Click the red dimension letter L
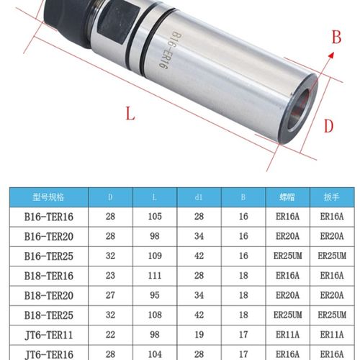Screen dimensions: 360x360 [130, 113]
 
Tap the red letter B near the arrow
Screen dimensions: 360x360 [335, 38]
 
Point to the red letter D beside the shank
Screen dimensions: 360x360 [328, 126]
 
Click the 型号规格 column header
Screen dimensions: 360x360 [49, 197]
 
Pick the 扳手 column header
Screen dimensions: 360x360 [333, 197]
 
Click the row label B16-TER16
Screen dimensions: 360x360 [49, 216]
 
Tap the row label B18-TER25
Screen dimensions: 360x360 [49, 315]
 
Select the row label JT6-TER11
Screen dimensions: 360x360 [49, 334]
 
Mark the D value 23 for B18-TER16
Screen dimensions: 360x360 [110, 275]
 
